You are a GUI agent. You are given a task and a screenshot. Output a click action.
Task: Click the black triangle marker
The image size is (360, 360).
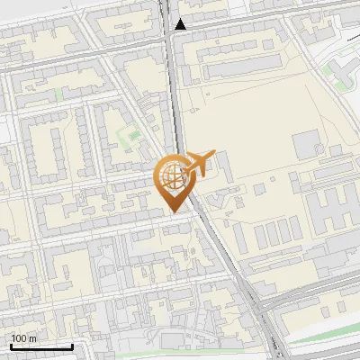181,24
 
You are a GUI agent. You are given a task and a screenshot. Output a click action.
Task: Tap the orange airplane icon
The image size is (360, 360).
196,165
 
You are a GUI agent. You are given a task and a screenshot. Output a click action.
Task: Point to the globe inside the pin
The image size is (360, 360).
171,176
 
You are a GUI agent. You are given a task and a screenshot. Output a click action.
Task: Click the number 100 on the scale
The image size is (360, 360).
19,338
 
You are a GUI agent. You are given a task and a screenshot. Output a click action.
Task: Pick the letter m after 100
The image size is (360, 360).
32,338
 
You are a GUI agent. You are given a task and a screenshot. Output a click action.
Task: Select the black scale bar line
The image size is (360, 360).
41,346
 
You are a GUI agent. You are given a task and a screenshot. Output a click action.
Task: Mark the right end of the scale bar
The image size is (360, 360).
72,346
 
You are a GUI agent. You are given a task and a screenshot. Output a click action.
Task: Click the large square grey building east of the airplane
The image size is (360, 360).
306,142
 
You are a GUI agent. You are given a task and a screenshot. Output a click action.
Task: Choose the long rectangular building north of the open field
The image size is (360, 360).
235,68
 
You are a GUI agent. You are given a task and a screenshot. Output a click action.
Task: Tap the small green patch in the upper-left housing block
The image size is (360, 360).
59,93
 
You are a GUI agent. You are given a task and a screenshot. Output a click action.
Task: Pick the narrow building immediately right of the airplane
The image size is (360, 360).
222,166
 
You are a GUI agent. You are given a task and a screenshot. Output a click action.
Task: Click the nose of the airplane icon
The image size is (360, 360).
214,154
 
